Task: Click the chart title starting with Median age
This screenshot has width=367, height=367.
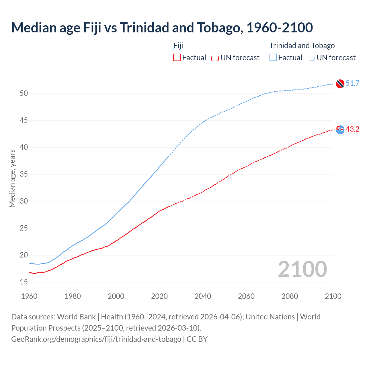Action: (x=162, y=28)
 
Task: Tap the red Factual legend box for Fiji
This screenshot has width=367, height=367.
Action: (x=177, y=57)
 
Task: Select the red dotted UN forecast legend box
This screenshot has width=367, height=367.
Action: (x=215, y=57)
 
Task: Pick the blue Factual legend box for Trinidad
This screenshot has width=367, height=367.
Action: (x=273, y=57)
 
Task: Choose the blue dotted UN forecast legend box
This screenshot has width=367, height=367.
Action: (x=311, y=57)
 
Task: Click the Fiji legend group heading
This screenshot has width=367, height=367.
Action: (x=178, y=46)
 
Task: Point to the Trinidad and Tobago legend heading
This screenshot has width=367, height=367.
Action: (x=302, y=46)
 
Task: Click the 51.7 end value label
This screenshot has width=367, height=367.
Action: (x=352, y=83)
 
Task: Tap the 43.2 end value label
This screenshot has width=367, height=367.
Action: (x=352, y=129)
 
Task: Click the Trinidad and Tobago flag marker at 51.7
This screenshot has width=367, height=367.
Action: (x=340, y=84)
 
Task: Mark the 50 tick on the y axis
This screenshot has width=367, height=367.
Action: (x=24, y=93)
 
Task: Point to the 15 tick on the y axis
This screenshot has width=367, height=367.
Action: (x=24, y=282)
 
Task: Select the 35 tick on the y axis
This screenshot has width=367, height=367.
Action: (x=24, y=174)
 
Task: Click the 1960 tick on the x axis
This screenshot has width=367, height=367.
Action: (x=29, y=296)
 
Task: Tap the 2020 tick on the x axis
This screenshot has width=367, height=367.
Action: (x=159, y=296)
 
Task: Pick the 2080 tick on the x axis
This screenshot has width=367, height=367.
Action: (x=290, y=296)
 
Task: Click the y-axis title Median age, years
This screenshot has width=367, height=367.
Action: (x=12, y=178)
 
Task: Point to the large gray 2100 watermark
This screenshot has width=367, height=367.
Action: (x=302, y=269)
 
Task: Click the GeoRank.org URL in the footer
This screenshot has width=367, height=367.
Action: (x=96, y=339)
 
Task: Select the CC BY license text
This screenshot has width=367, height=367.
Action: (x=197, y=339)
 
